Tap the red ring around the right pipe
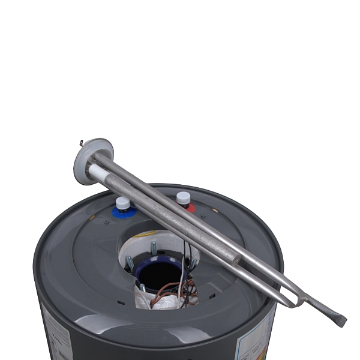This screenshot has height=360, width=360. [x=190, y=208]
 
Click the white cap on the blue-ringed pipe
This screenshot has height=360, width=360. [x=123, y=203]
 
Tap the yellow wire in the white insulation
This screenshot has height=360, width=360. [x=148, y=233]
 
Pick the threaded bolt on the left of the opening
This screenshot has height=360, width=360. [x=130, y=263]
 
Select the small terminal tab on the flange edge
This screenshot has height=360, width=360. [x=82, y=143]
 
